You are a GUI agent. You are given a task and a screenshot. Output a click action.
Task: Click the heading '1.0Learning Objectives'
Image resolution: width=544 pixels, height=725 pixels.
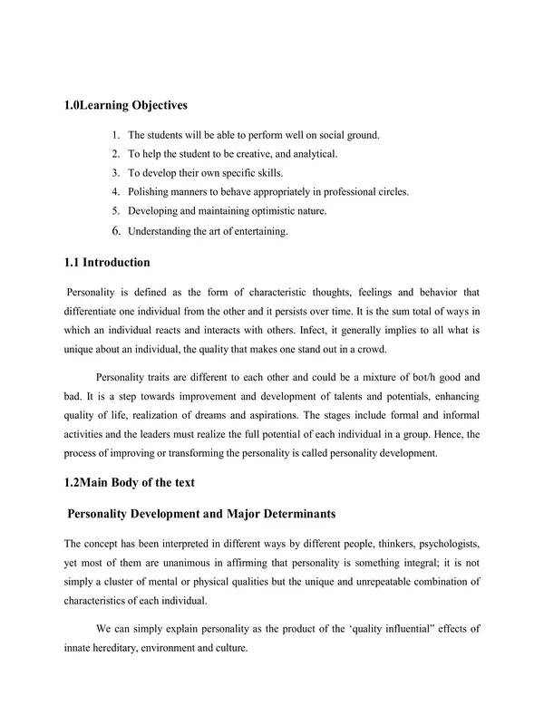pos(125,105)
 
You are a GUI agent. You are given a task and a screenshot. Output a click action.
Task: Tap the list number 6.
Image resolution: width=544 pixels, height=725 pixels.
pos(116,231)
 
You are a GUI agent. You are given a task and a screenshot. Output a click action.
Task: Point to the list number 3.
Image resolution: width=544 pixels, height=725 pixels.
pos(116,173)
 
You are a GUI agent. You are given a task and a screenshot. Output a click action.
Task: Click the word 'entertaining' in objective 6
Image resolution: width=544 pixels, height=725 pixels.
pos(258,232)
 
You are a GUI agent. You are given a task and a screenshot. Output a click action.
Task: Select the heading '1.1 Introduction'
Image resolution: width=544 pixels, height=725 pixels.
pos(107,263)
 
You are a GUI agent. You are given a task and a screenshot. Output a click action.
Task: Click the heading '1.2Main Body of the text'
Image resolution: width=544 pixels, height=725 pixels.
pos(135,483)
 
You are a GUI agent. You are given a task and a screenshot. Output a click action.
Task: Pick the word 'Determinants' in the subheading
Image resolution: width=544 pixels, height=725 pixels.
pos(287,515)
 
